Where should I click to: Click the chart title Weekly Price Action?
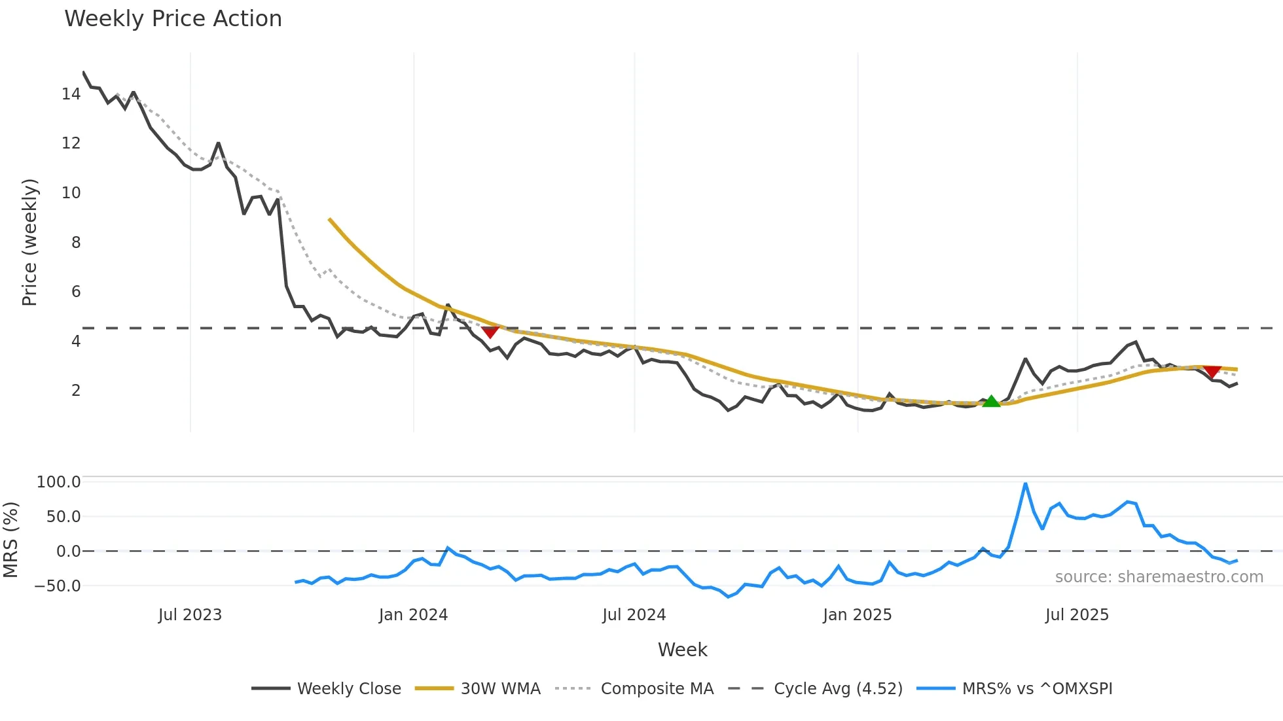click(x=173, y=19)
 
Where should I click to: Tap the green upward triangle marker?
click(x=991, y=402)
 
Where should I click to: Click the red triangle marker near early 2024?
click(x=490, y=332)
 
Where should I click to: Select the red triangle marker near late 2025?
click(x=1212, y=372)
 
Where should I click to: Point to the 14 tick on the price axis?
click(x=71, y=94)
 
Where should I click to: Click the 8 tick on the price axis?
click(x=76, y=243)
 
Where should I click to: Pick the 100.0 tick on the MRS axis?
click(x=59, y=482)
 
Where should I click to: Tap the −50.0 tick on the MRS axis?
click(x=58, y=586)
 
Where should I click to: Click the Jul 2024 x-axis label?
click(x=634, y=615)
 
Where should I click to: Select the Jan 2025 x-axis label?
click(x=857, y=615)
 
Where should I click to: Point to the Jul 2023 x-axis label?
click(x=190, y=615)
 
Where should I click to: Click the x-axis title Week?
click(x=682, y=650)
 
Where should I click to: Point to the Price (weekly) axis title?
click(x=29, y=242)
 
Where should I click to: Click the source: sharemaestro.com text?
click(x=1159, y=577)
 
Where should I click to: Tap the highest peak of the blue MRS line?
click(x=1025, y=484)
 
